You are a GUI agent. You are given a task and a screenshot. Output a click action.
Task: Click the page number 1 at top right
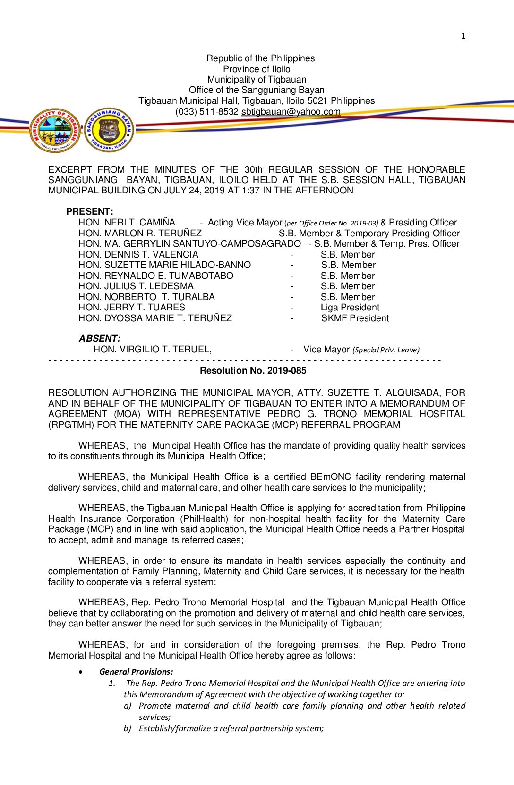point(463,36)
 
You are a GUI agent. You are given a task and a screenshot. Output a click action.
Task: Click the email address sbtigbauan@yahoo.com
point(291,112)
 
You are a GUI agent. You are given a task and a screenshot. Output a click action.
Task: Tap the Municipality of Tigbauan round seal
point(55,130)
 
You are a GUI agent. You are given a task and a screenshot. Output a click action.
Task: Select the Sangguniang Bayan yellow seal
point(109,130)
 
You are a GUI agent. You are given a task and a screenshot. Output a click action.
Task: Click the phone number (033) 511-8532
point(206,112)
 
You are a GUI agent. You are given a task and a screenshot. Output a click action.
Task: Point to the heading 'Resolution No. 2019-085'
point(253,371)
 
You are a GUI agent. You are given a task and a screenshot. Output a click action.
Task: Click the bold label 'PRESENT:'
point(90,211)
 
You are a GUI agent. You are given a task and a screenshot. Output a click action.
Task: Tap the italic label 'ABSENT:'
point(99,338)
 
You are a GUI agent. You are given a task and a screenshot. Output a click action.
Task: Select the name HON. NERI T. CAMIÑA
point(127,222)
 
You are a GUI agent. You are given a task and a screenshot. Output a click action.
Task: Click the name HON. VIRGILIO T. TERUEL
point(152,350)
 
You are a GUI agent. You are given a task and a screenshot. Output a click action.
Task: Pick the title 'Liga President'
point(350,308)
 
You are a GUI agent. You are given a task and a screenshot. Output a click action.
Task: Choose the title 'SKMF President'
point(355,318)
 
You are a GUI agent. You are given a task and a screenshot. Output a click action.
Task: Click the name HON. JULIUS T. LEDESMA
point(136,286)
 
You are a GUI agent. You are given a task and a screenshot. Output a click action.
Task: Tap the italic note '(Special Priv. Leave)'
point(385,350)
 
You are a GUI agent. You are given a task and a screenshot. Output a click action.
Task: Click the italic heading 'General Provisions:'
point(136,672)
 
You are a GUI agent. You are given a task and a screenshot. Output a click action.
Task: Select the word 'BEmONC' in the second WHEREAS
point(330,477)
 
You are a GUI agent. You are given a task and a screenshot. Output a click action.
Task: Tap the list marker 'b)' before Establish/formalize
point(127,728)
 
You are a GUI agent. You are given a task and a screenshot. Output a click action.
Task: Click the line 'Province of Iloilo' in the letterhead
point(257,69)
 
